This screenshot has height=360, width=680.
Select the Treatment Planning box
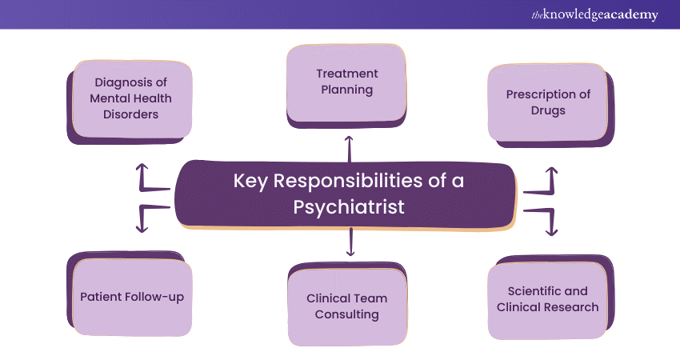point(347,82)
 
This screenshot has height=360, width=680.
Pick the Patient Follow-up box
point(132,297)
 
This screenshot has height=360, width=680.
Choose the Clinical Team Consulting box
point(347,306)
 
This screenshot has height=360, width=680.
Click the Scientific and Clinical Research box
point(548,299)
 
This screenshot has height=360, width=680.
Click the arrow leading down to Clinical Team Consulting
point(350,242)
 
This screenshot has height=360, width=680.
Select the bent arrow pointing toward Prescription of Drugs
point(544,183)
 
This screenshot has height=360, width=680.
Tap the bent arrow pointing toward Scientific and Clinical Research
point(544,219)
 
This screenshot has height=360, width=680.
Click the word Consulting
point(347,314)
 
